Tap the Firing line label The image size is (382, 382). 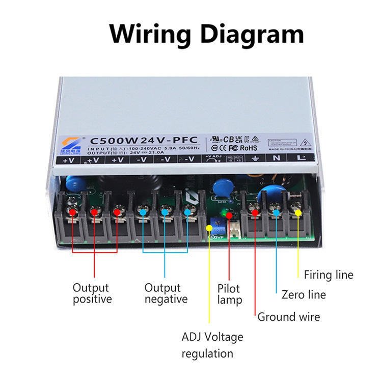tap(328, 275)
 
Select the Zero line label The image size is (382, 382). tap(304, 294)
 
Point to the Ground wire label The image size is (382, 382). tap(288, 317)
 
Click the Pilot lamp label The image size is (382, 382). tap(230, 294)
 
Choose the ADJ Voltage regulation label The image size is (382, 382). tap(212, 345)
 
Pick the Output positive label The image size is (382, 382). tap(92, 293)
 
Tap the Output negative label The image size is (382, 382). tap(166, 293)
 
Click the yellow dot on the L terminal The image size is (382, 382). tap(298, 212)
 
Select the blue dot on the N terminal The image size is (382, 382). tap(276, 212)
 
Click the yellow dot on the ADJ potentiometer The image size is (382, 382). tap(209, 227)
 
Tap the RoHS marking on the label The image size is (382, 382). tap(249, 148)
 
